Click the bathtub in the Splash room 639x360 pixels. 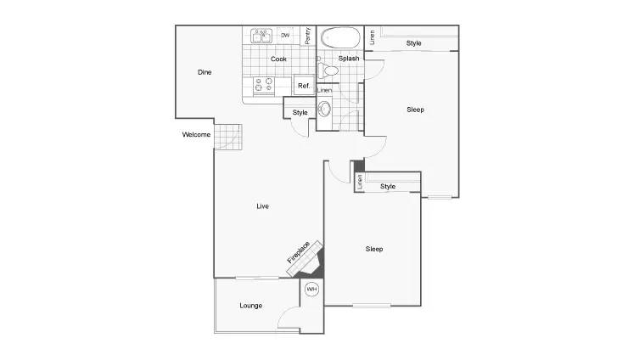tap(340, 37)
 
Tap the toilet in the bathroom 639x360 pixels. tap(328, 71)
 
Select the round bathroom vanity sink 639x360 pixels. tap(324, 109)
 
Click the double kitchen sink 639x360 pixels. tap(261, 36)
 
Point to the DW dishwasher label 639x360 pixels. tap(285, 35)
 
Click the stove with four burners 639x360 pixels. tap(263, 85)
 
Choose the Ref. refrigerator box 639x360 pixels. tap(304, 85)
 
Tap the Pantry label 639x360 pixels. tap(308, 36)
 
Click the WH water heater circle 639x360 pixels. tap(311, 289)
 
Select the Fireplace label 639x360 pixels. tap(298, 252)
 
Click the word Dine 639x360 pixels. tap(205, 72)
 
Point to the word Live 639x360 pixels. tap(262, 206)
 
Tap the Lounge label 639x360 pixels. tap(250, 306)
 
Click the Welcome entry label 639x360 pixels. tap(196, 134)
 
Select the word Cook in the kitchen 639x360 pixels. tap(278, 59)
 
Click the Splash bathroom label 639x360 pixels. tap(349, 59)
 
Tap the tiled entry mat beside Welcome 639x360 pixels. tap(227, 137)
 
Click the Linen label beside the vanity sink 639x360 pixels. tap(324, 90)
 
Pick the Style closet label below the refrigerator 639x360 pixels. tap(300, 113)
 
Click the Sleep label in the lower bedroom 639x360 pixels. tap(374, 249)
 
